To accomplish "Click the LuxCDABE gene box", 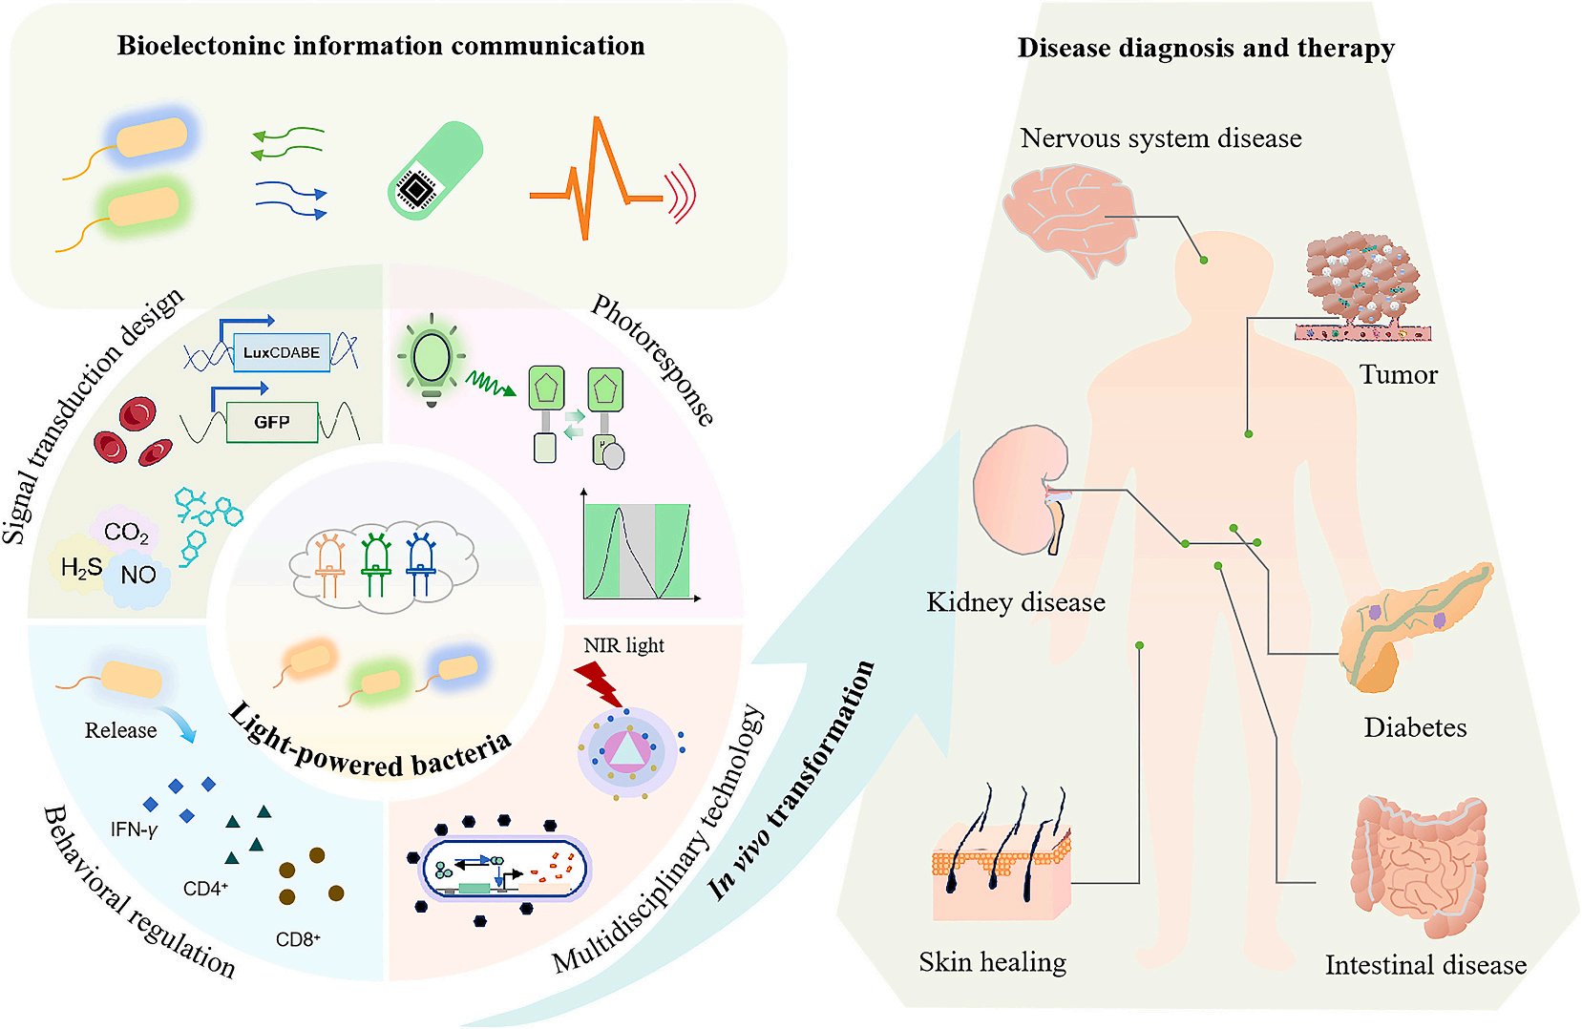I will (x=282, y=352).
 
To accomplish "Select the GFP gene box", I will (x=272, y=422).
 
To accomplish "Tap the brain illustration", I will (x=1069, y=215).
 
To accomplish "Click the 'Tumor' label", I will (x=1398, y=374).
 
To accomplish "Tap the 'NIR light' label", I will (x=623, y=645).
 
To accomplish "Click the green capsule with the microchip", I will (x=434, y=171).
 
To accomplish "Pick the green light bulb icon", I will (x=431, y=357).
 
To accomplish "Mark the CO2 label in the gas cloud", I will (x=126, y=533).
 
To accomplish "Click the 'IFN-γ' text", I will (x=134, y=829).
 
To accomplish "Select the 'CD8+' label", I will (x=298, y=939).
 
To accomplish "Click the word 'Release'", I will (x=120, y=730).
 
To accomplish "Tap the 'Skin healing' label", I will (x=992, y=961).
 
